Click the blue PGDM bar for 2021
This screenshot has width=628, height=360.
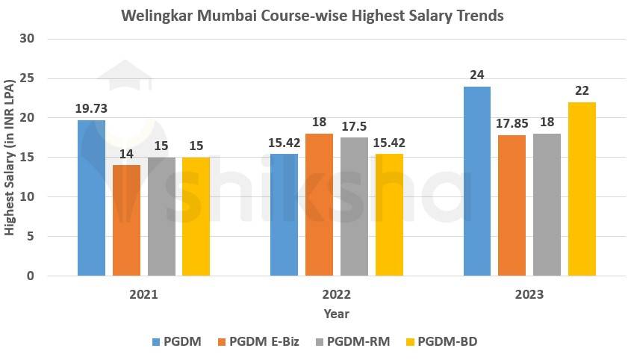click(91, 198)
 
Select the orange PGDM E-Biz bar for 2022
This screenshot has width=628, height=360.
click(319, 205)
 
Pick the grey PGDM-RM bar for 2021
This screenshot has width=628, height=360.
click(161, 217)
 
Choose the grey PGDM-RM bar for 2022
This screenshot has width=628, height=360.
click(354, 207)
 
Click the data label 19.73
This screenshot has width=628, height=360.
click(91, 108)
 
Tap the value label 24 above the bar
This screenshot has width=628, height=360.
click(477, 75)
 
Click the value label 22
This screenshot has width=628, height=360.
click(582, 90)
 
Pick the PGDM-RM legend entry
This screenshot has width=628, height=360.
click(350, 341)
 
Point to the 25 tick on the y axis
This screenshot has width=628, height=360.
click(30, 78)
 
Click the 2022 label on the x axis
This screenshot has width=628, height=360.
click(337, 294)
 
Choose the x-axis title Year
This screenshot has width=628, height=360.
click(337, 314)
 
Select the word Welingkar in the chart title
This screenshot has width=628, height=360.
click(162, 15)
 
